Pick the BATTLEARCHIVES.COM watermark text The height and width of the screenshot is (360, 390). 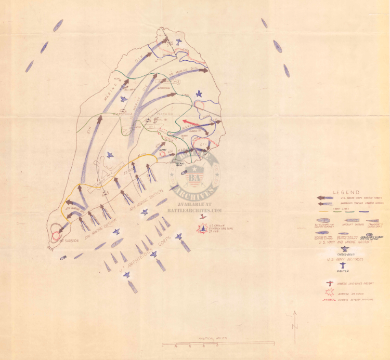click(x=194, y=210)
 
